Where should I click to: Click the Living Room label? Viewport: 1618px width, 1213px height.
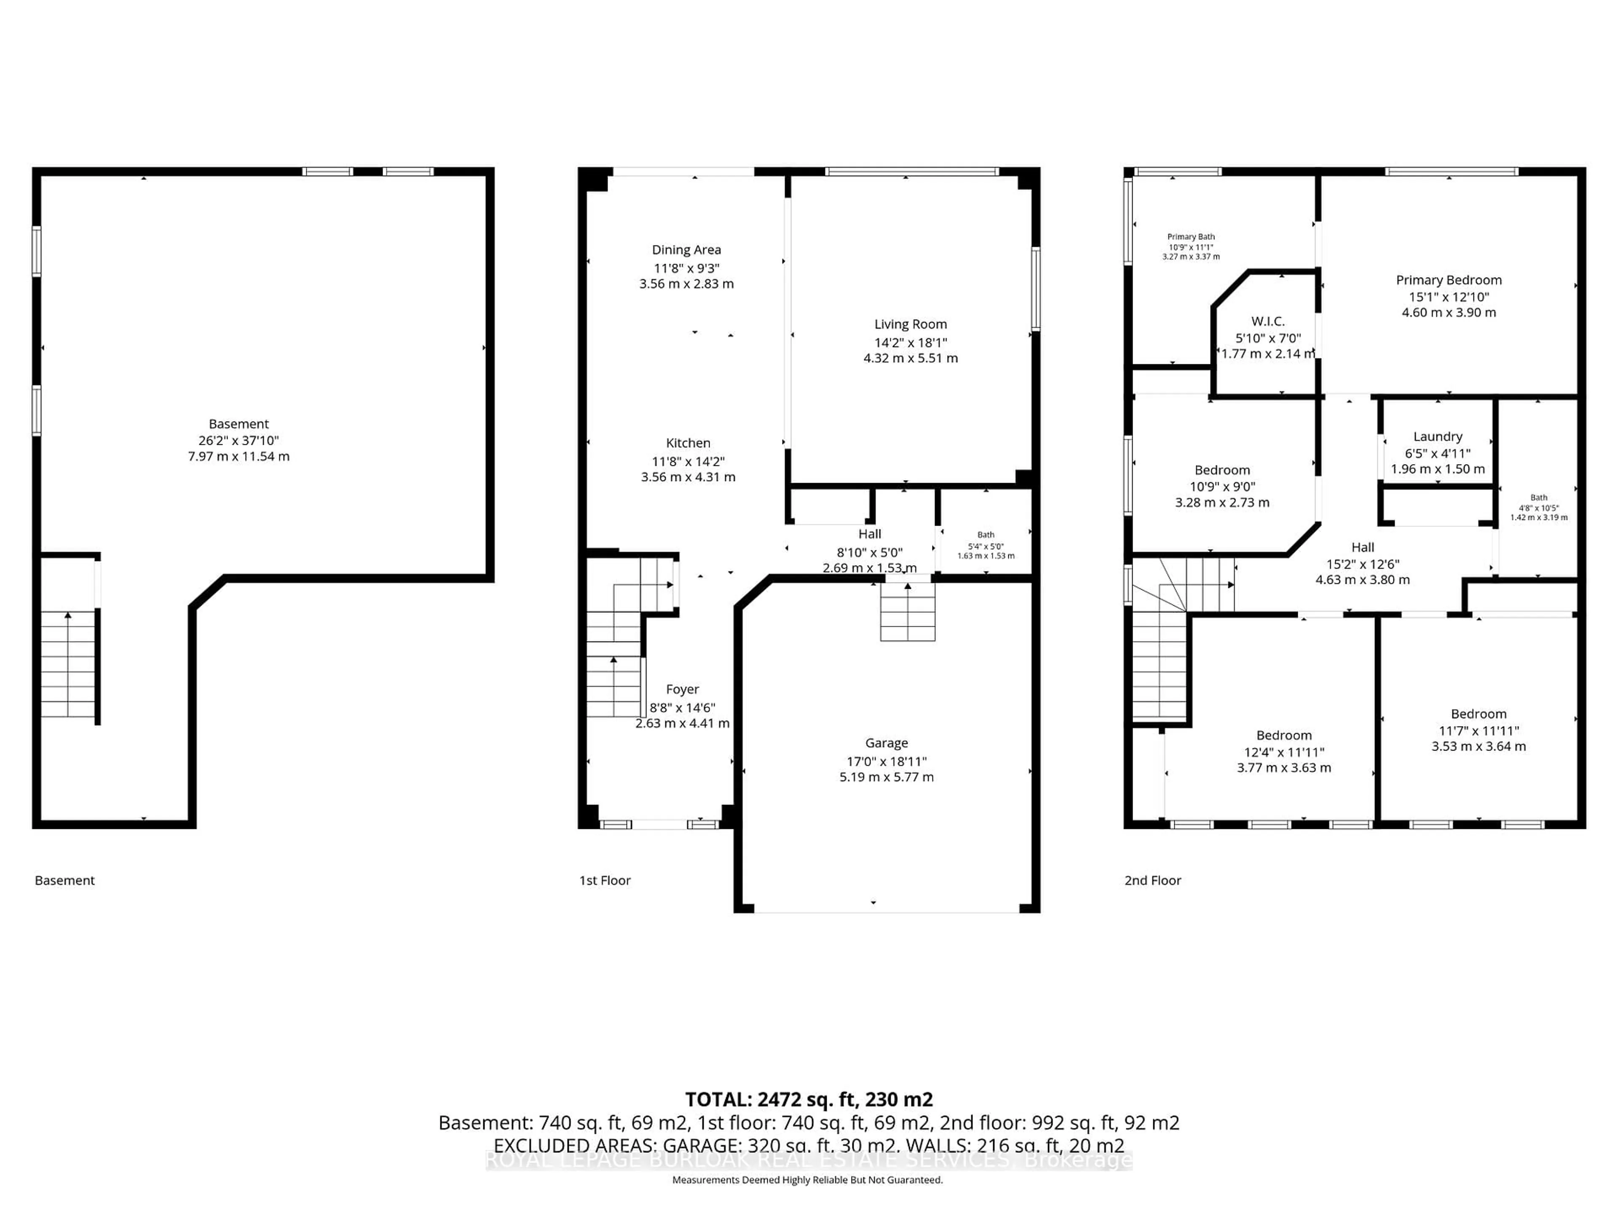[910, 324]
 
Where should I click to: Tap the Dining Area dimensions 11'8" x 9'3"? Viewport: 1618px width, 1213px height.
[686, 268]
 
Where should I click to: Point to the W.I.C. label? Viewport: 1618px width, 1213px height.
[1267, 321]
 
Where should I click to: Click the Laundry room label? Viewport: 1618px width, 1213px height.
[1437, 436]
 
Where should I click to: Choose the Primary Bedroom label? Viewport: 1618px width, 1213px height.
[1448, 280]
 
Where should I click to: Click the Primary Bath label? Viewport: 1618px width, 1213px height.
[1191, 237]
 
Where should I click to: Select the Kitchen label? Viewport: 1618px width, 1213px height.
[688, 443]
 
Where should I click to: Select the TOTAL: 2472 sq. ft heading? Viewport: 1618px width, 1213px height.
[808, 1100]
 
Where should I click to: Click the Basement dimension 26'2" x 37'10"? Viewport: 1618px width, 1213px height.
[238, 440]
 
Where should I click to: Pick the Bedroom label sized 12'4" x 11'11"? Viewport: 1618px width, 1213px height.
[1284, 735]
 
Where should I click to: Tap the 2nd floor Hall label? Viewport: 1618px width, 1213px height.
[1362, 547]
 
